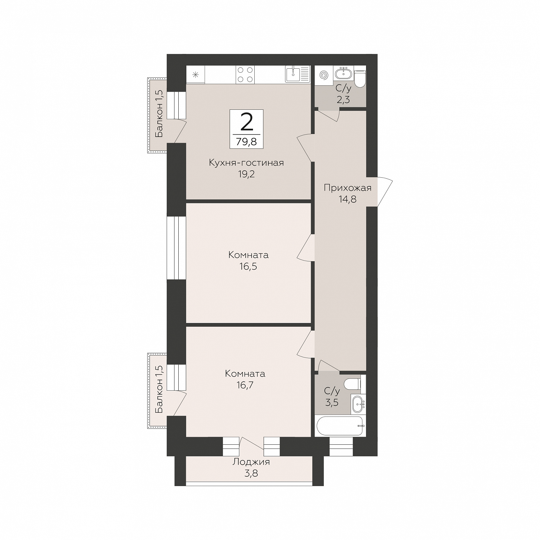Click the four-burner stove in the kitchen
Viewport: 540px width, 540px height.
click(x=245, y=75)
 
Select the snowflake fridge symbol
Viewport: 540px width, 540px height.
click(x=195, y=75)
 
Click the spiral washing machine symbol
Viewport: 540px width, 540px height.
click(x=323, y=75)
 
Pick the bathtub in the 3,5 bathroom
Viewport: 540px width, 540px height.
click(x=340, y=426)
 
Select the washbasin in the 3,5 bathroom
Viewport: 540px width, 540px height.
click(x=358, y=404)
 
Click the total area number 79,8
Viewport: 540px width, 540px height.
click(x=246, y=142)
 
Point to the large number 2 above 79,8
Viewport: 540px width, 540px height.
click(x=246, y=122)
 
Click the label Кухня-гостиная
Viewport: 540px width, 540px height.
click(x=246, y=163)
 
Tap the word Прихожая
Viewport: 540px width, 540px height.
click(x=348, y=188)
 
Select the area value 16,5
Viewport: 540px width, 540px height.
click(x=248, y=267)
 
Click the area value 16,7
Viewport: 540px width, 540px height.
click(x=245, y=385)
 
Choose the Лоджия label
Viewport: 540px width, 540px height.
click(x=251, y=462)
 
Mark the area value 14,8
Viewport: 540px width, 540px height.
click(x=347, y=199)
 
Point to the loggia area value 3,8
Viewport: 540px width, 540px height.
click(x=251, y=473)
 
